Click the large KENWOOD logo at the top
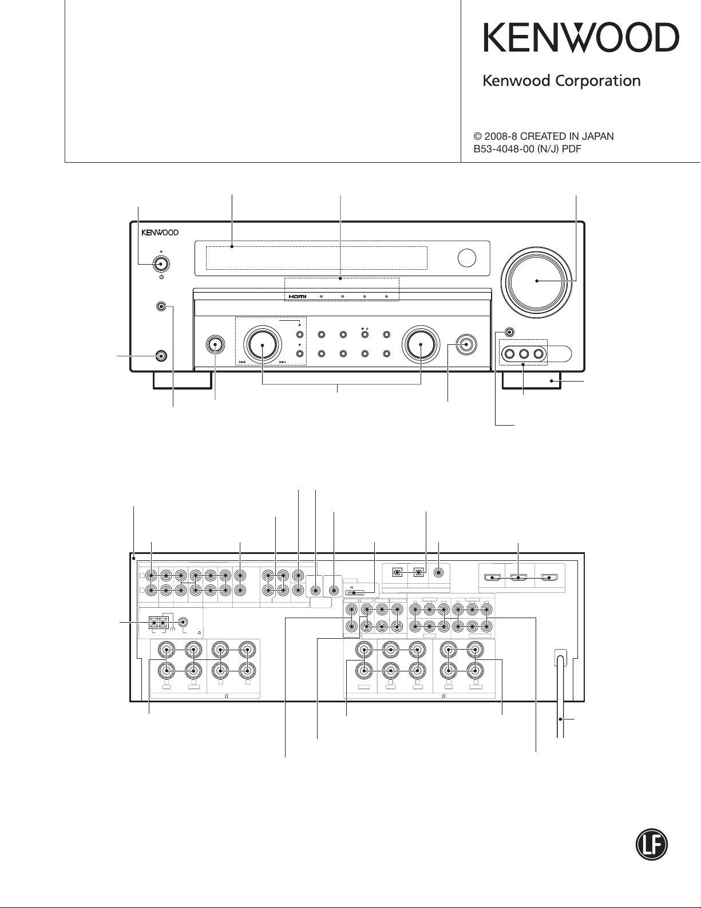tap(581, 38)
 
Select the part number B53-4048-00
tap(504, 149)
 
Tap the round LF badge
tap(651, 844)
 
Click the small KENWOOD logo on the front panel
tap(160, 233)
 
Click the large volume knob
tap(537, 281)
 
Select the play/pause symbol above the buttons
tap(365, 329)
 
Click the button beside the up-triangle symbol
tap(300, 335)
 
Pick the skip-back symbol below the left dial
tap(241, 362)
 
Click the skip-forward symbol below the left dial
tap(283, 362)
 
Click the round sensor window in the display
tap(467, 258)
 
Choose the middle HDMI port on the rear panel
tap(518, 578)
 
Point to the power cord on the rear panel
tap(561, 694)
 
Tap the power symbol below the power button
tap(161, 277)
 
